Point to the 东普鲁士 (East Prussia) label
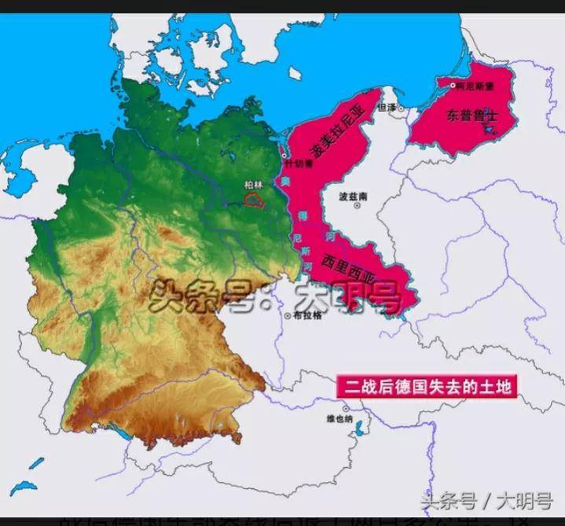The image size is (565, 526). (472, 116)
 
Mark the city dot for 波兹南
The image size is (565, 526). (358, 205)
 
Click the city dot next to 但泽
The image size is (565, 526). (401, 108)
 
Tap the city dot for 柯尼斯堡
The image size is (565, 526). (453, 84)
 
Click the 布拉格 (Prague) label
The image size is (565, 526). (307, 316)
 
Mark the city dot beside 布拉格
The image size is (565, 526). (288, 315)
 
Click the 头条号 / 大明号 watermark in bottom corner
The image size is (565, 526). (487, 501)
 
